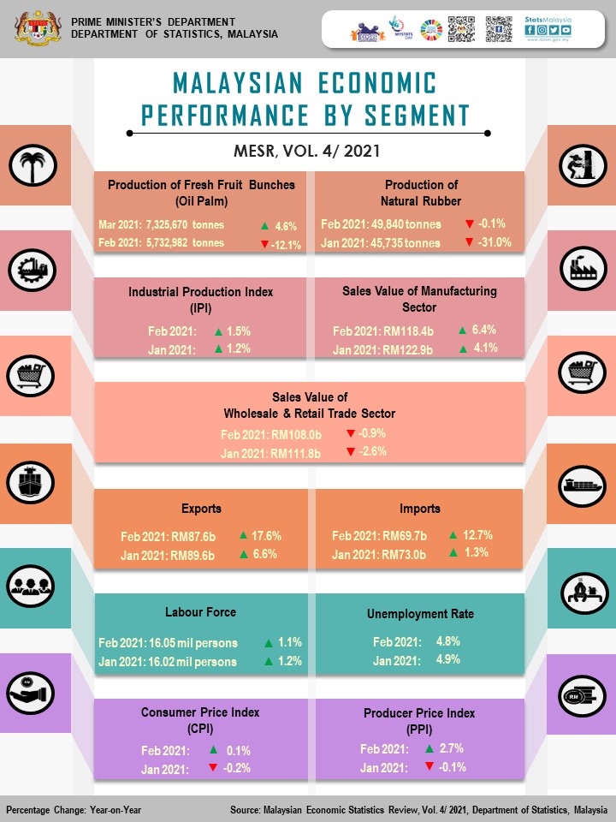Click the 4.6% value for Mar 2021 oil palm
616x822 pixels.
click(x=285, y=227)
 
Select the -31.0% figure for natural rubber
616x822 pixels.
click(x=494, y=242)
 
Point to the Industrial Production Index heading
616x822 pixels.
click(x=201, y=292)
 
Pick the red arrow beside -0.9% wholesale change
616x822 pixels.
click(x=350, y=434)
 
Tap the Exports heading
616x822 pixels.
click(x=201, y=509)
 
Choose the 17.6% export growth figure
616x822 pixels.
click(x=267, y=537)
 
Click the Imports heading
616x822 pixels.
click(x=419, y=509)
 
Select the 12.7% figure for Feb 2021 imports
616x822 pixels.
click(x=477, y=536)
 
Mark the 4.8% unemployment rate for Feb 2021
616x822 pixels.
click(x=447, y=641)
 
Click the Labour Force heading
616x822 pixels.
click(x=201, y=612)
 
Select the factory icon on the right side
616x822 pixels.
click(x=583, y=270)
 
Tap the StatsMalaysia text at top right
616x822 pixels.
click(x=548, y=18)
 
